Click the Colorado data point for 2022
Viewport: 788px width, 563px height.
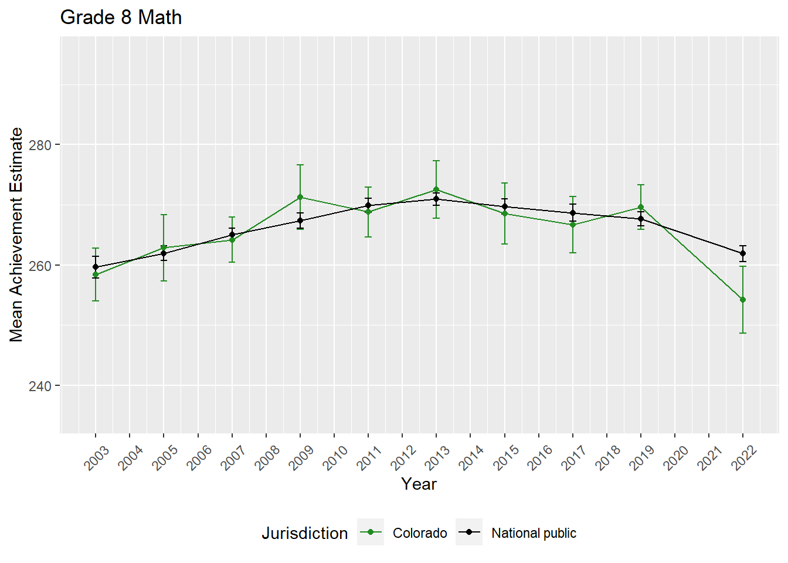point(743,300)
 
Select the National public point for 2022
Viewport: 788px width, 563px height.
point(743,253)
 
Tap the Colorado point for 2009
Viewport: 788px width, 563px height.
point(300,197)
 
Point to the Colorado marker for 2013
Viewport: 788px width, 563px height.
point(436,189)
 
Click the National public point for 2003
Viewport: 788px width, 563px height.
point(96,267)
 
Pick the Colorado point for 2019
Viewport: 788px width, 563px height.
point(641,207)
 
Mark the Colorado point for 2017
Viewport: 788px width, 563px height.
point(573,225)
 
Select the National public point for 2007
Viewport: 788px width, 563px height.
point(232,235)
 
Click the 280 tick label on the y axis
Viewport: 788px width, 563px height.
point(40,145)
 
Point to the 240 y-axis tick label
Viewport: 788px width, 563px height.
point(40,386)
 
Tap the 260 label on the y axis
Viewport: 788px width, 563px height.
point(40,266)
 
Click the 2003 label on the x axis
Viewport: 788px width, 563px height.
point(97,457)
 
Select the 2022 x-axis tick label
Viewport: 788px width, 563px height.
point(744,457)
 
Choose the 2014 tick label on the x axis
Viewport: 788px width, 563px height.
point(471,457)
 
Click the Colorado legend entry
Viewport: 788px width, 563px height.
point(419,533)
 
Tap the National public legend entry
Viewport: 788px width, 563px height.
point(533,533)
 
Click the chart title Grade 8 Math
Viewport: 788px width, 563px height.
point(121,18)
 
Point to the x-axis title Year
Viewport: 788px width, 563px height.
point(419,484)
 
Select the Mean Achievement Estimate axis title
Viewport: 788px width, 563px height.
point(16,235)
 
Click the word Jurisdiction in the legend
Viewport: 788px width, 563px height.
point(304,533)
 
